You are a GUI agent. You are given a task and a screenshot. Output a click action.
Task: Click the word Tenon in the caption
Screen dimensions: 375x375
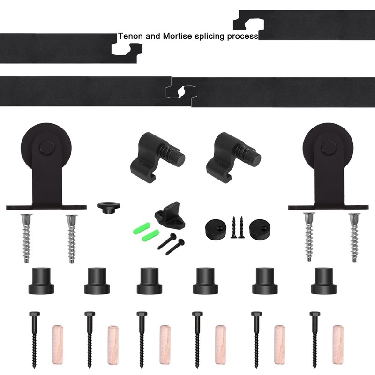tap(128, 36)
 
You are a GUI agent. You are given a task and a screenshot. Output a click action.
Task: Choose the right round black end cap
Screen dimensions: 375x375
tap(261, 229)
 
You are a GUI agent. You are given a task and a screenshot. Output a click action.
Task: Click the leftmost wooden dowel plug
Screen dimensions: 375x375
tap(57, 344)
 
